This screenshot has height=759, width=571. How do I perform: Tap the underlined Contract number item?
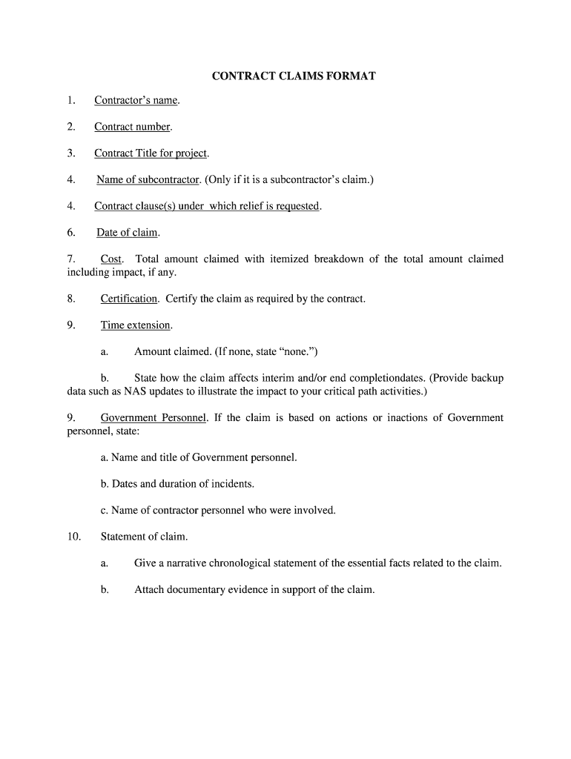coord(132,127)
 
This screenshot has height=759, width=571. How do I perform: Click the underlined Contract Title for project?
coord(151,153)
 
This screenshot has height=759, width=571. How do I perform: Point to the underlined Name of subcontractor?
coord(148,179)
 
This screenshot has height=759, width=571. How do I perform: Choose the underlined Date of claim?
coord(127,233)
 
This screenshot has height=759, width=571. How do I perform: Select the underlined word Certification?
coord(129,299)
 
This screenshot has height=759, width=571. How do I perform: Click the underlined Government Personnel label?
coord(154,418)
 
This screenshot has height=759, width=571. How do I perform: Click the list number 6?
coord(71,233)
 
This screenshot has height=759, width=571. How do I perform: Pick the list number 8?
coord(71,299)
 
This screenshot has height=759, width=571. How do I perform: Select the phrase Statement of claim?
coord(144,536)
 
